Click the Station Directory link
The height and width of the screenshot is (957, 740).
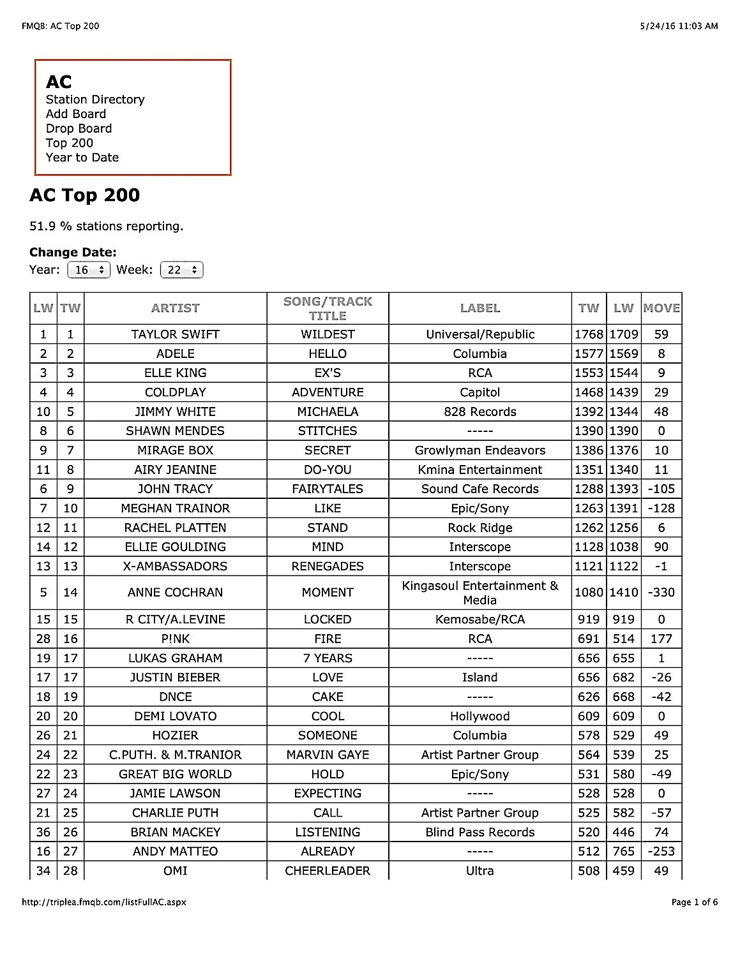tap(95, 100)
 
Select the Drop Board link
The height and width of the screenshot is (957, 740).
tap(79, 128)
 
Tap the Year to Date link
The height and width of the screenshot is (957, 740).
tap(82, 158)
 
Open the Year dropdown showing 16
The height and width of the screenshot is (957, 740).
tap(89, 270)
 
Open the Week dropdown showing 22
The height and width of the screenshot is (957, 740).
tap(182, 270)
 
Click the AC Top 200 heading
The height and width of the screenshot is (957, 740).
tap(85, 195)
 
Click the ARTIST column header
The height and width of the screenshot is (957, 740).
tap(176, 308)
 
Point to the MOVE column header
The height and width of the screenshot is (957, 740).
tap(661, 308)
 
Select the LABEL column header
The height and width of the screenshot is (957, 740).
tap(480, 308)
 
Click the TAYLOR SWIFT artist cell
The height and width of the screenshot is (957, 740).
tap(176, 334)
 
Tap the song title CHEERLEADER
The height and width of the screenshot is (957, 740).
tap(328, 871)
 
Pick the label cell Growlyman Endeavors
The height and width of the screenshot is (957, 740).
tap(480, 450)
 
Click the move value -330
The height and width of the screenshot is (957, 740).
tap(661, 592)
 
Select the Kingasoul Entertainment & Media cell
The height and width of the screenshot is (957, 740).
tap(480, 592)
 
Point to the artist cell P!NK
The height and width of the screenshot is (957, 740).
tap(176, 639)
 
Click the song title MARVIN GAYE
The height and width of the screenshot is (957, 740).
tap(328, 755)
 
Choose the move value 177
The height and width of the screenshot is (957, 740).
tap(661, 639)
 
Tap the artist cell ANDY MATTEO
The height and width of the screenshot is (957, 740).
tap(176, 852)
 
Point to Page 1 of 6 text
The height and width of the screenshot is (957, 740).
tap(695, 902)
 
